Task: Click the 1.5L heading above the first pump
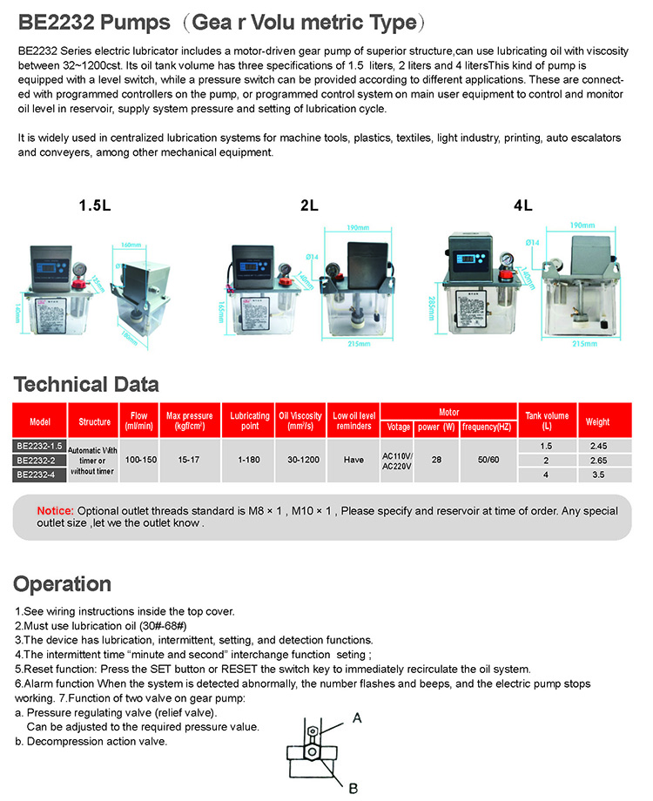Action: click(x=94, y=206)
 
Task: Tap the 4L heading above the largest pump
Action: click(x=522, y=206)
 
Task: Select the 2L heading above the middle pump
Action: click(x=309, y=206)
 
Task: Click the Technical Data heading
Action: click(x=86, y=384)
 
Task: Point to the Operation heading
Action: click(x=63, y=583)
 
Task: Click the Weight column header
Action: click(x=597, y=421)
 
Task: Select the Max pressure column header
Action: click(x=189, y=421)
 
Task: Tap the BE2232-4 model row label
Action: click(x=40, y=475)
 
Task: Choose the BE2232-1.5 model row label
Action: click(x=40, y=446)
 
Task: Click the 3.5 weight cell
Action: click(x=597, y=475)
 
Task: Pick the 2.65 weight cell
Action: click(x=597, y=461)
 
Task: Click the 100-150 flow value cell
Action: click(x=139, y=459)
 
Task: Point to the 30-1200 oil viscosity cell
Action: click(x=300, y=459)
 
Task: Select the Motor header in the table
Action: click(x=448, y=412)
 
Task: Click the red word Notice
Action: click(x=55, y=510)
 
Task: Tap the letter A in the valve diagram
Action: click(x=357, y=717)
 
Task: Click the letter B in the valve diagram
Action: click(x=353, y=788)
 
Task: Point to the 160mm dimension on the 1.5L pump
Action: click(x=131, y=245)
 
